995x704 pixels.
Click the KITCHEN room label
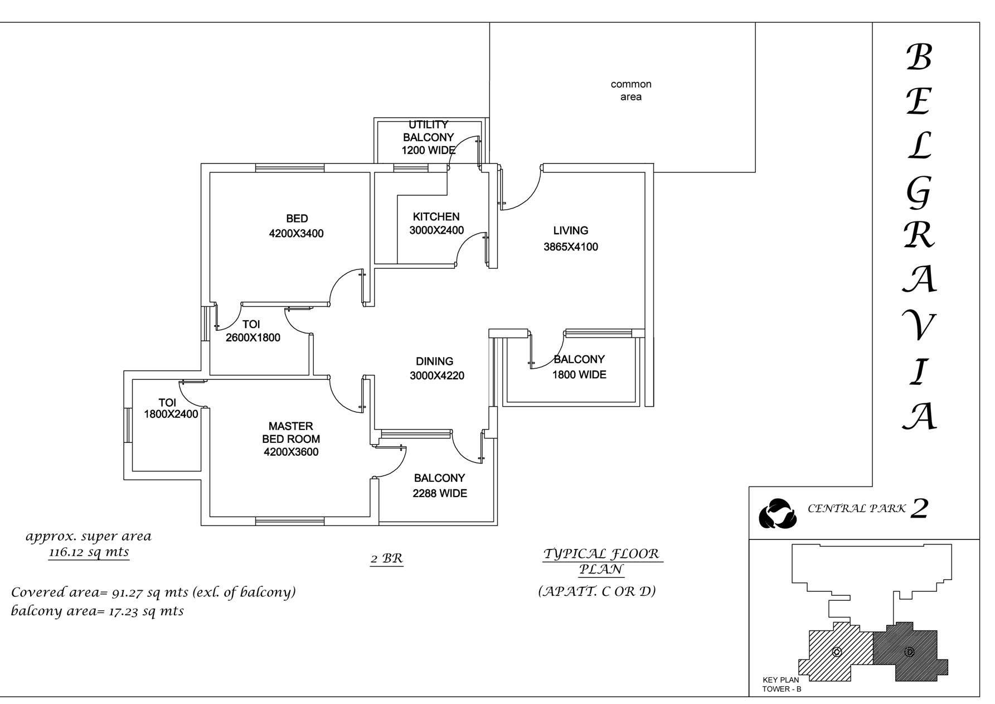click(x=436, y=217)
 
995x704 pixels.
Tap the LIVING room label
click(x=571, y=230)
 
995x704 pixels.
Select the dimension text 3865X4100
click(x=571, y=247)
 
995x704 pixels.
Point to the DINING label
click(x=435, y=361)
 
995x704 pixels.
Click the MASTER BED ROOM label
click(x=291, y=432)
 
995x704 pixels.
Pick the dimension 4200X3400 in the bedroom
click(x=296, y=234)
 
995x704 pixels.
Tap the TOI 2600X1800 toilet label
click(x=253, y=331)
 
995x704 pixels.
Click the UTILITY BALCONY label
click(x=428, y=131)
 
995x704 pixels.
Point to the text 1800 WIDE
click(x=579, y=375)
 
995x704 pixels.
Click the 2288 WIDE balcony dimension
click(x=440, y=494)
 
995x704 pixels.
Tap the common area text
click(x=631, y=90)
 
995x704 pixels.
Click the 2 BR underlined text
click(x=386, y=558)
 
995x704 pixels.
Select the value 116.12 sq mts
click(x=89, y=552)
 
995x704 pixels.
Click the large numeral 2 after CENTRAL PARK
click(x=919, y=509)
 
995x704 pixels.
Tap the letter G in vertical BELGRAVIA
click(x=918, y=193)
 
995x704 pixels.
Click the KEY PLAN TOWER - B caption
click(x=782, y=684)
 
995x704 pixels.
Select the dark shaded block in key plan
click(x=909, y=652)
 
